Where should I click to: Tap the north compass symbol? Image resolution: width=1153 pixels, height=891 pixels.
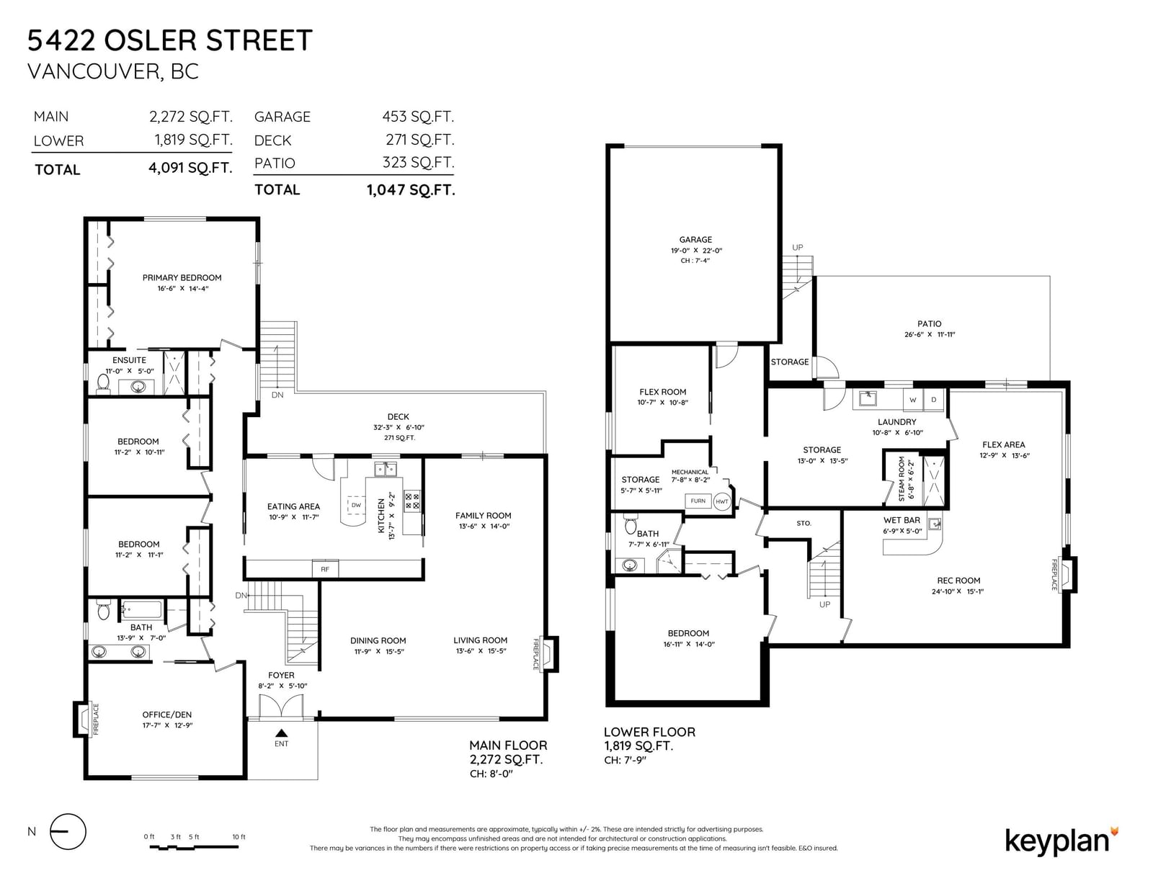pyautogui.click(x=68, y=832)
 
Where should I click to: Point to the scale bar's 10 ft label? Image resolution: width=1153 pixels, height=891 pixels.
pyautogui.click(x=239, y=837)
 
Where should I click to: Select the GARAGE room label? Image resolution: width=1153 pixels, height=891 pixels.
pyautogui.click(x=695, y=240)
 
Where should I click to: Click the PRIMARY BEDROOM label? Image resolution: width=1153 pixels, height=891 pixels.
pyautogui.click(x=182, y=278)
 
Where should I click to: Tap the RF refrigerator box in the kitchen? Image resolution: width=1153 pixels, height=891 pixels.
pyautogui.click(x=325, y=569)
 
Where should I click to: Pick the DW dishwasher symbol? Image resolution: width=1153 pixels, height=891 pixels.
pyautogui.click(x=356, y=506)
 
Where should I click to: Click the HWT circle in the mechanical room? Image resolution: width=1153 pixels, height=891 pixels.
pyautogui.click(x=721, y=502)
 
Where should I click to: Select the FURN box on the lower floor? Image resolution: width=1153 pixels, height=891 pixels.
pyautogui.click(x=698, y=501)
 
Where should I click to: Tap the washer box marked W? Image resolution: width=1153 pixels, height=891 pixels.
pyautogui.click(x=912, y=400)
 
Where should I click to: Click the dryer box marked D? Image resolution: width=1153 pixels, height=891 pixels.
pyautogui.click(x=934, y=400)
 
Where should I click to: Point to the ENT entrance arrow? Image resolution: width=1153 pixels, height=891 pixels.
pyautogui.click(x=281, y=733)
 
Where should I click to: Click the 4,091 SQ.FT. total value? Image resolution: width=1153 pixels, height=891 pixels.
pyautogui.click(x=190, y=168)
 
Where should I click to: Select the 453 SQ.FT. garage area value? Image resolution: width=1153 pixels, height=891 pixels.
pyautogui.click(x=418, y=117)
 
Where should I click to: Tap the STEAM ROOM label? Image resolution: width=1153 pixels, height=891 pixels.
pyautogui.click(x=902, y=479)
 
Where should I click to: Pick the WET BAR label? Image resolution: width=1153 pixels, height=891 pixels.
pyautogui.click(x=902, y=520)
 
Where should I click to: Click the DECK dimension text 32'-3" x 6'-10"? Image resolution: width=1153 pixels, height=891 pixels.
pyautogui.click(x=399, y=427)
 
